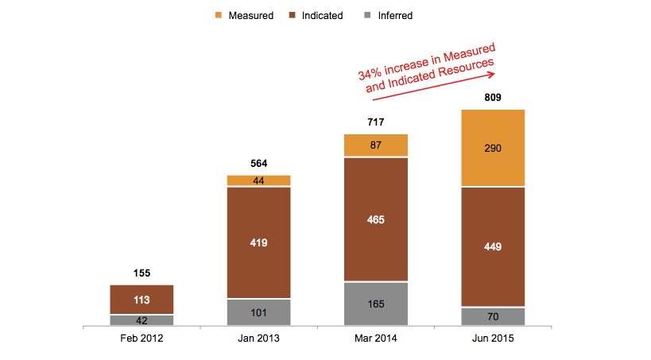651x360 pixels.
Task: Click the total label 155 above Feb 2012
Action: coord(141,273)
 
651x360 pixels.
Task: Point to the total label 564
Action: coord(258,164)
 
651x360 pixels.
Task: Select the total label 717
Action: coord(375,122)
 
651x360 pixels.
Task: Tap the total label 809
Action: coord(493,98)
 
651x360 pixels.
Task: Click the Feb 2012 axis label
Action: coord(141,338)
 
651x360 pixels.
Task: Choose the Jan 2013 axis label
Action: coord(258,338)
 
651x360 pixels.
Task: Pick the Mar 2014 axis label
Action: coord(375,338)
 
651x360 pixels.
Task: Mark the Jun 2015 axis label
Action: coord(493,338)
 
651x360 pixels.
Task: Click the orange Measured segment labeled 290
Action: coord(493,148)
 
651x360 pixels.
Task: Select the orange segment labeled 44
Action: coord(258,180)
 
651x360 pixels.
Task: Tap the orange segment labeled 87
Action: coord(375,145)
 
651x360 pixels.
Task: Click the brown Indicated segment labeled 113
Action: coord(141,300)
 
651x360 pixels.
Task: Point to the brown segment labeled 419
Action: coord(258,242)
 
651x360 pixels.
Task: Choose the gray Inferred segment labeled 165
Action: coord(375,304)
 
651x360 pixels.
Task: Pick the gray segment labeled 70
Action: coord(493,316)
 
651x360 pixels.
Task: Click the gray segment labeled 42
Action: coord(141,320)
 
